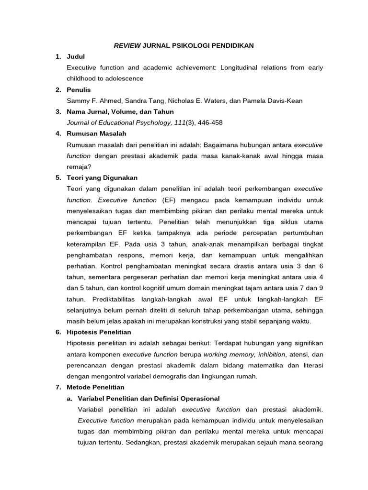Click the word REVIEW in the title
point(127,45)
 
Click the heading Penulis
point(79,89)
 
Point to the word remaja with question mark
point(80,167)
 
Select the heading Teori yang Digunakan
point(102,178)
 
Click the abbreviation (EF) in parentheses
point(169,200)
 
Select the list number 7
point(58,387)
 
